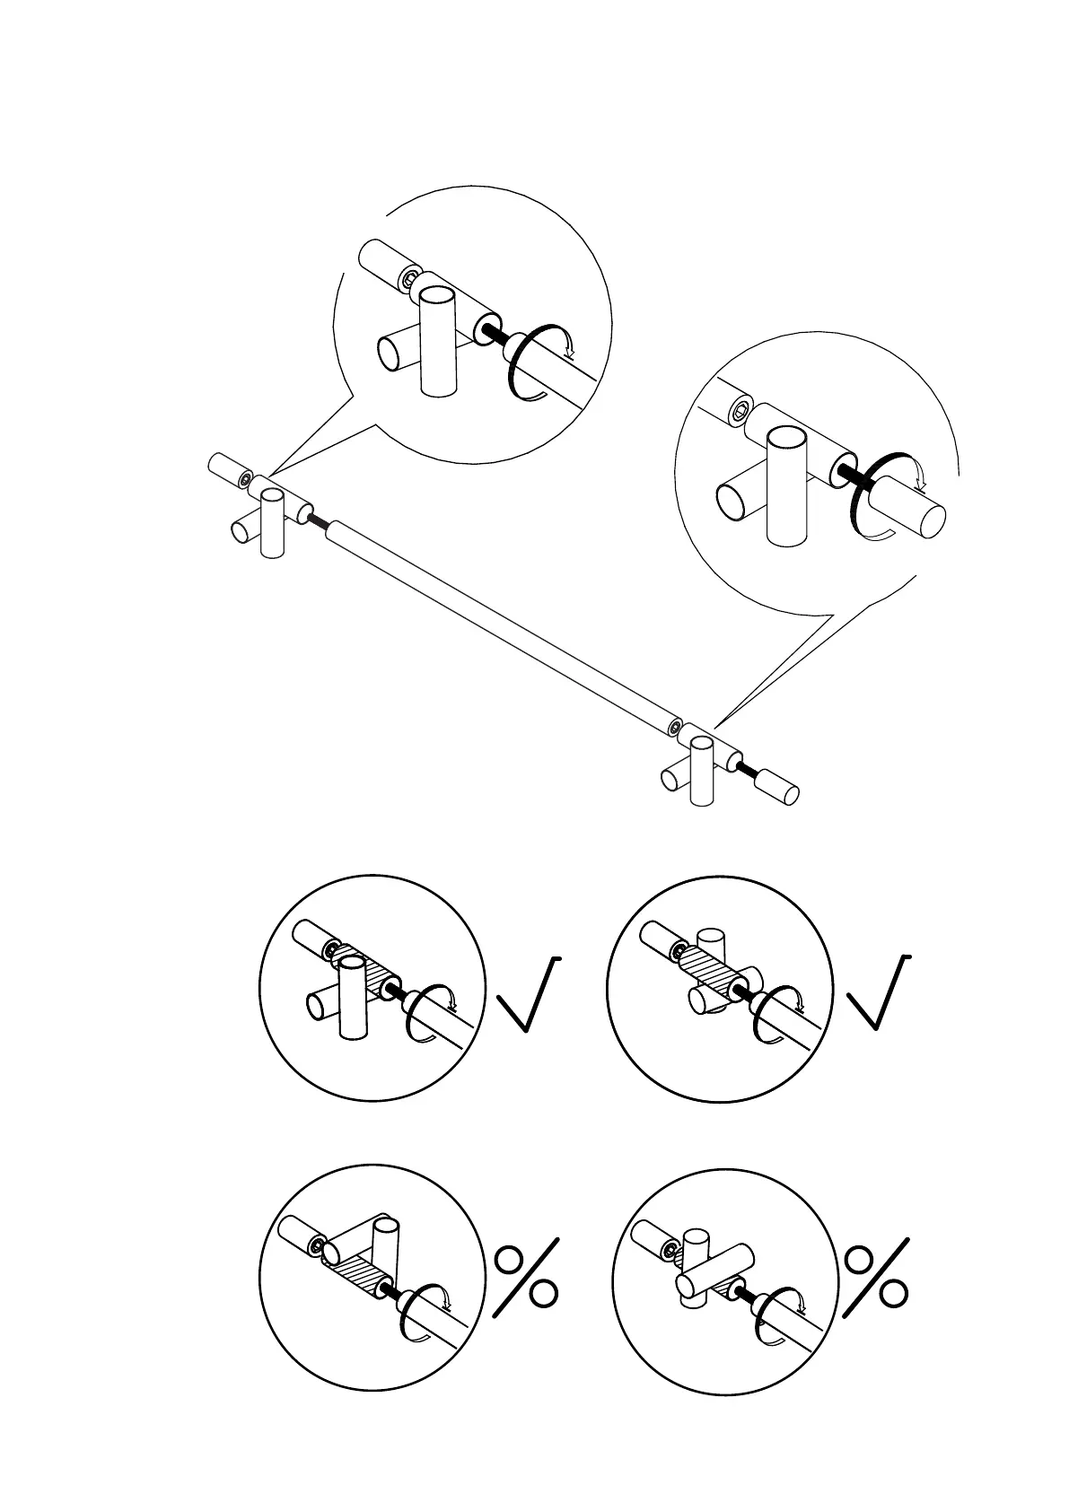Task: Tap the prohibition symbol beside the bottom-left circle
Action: [527, 1279]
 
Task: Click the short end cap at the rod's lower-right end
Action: [778, 783]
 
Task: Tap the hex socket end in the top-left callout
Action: [410, 279]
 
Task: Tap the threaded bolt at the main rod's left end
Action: [317, 518]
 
